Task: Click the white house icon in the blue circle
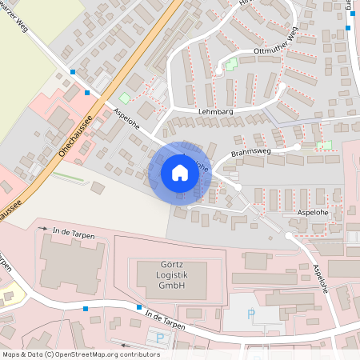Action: tap(180, 172)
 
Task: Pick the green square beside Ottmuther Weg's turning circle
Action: tap(232, 63)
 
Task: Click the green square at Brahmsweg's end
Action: tap(325, 146)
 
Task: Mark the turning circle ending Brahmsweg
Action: tap(297, 147)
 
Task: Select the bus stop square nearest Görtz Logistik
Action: tap(139, 307)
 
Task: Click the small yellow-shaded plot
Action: tap(10, 292)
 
